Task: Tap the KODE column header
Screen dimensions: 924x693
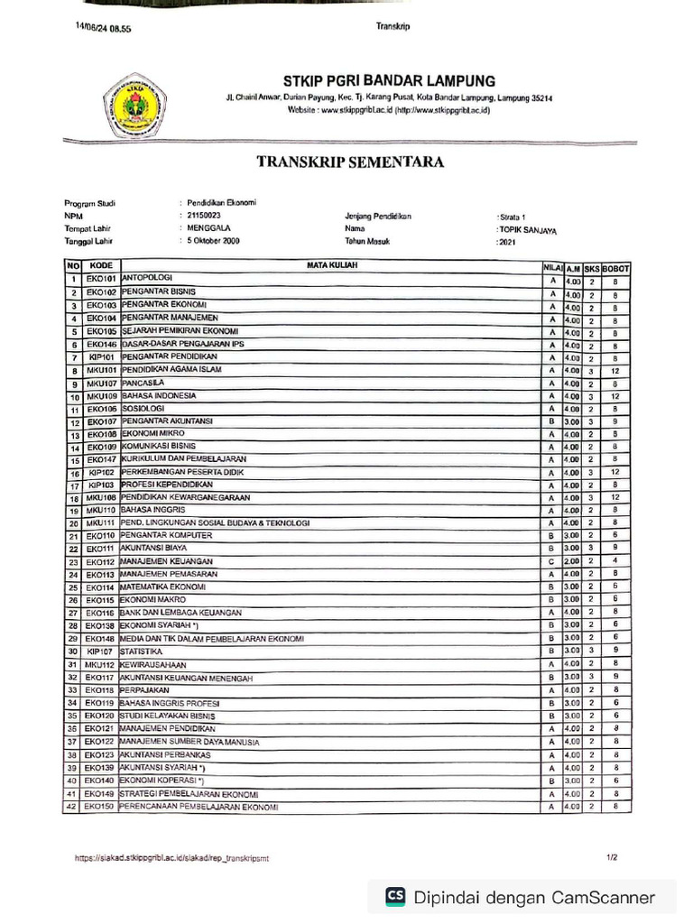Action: tap(101, 266)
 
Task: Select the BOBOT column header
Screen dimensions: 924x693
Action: tap(615, 268)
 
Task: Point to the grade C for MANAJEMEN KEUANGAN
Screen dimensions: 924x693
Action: tap(550, 561)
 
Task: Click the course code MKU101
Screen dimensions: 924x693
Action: tap(101, 370)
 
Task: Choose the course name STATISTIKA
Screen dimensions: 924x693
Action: tap(142, 651)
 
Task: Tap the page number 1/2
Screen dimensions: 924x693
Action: tap(613, 858)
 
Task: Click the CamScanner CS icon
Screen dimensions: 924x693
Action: tap(395, 897)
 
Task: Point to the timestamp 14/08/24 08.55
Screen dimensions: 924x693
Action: tap(104, 28)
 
